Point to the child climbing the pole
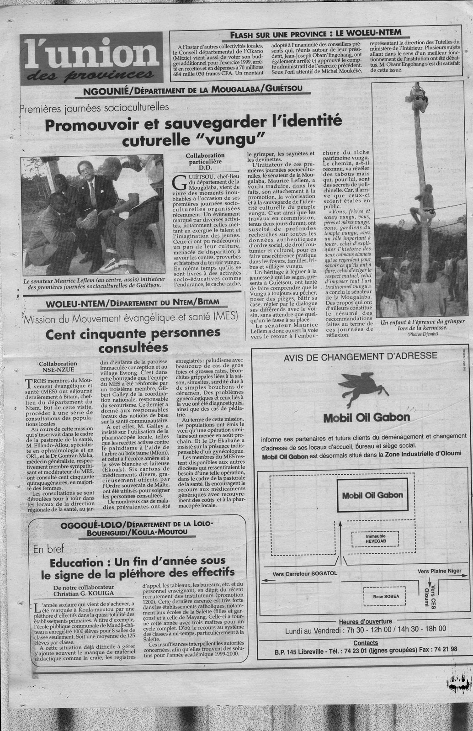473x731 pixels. pyautogui.click(x=420, y=203)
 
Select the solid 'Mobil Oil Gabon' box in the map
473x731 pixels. pyautogui.click(x=373, y=495)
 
